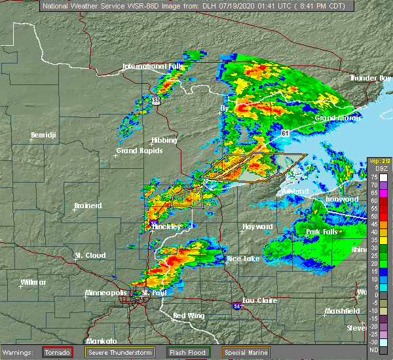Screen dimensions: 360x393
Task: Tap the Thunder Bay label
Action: [x=370, y=78]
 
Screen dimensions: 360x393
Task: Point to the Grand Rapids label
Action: [x=139, y=151]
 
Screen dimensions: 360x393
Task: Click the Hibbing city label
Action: [x=164, y=140]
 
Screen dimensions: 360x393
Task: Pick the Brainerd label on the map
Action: [x=88, y=206]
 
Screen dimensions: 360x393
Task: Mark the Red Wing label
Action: [x=188, y=316]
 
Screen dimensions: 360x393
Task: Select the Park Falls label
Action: [x=323, y=232]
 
